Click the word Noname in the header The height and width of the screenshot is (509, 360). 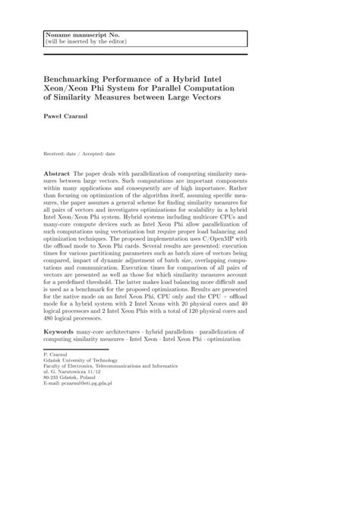(x=60, y=35)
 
